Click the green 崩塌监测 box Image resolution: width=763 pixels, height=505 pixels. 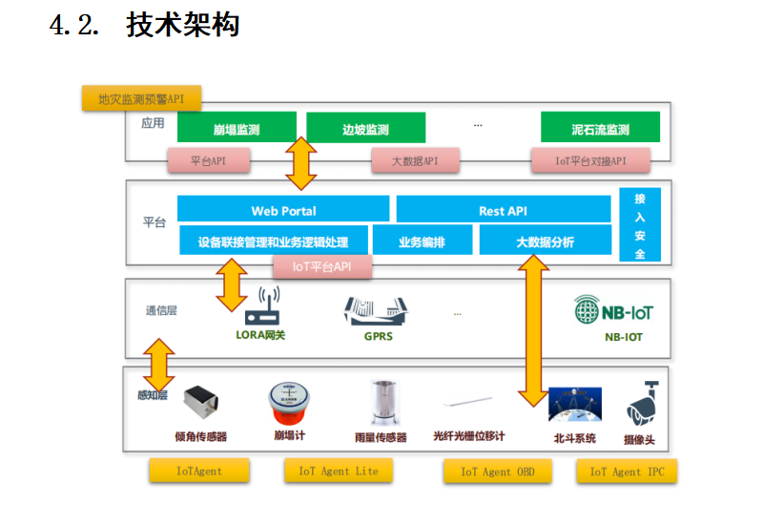point(237,129)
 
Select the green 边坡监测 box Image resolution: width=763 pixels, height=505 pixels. point(365,129)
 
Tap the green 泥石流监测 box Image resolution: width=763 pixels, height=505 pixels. point(600,129)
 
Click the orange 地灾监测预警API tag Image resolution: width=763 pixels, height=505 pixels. point(141,98)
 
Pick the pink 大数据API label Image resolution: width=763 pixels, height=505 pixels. point(414,161)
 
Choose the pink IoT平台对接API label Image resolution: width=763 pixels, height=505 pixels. point(590,161)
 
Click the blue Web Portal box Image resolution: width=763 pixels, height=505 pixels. point(283,210)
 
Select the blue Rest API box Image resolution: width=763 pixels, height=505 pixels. point(503,210)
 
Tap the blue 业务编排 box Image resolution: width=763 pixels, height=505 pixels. point(422,242)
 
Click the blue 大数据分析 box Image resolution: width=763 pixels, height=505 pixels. point(545,242)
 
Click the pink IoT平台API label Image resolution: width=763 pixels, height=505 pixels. point(321,267)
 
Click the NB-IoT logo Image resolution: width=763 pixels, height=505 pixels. point(614,311)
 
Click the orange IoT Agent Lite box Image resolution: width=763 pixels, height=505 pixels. point(338,471)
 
